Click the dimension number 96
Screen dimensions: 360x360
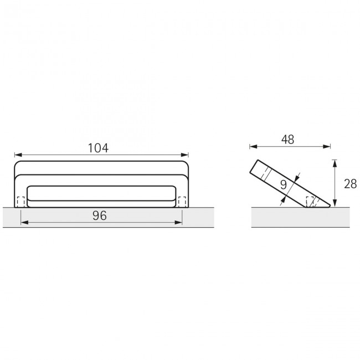click(100, 215)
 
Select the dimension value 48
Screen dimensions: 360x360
click(287, 140)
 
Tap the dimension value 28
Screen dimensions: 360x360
click(349, 184)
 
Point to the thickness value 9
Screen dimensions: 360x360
click(284, 184)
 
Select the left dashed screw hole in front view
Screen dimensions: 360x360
click(21, 202)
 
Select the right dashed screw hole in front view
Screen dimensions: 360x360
click(182, 202)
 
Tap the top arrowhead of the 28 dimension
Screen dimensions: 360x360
click(334, 162)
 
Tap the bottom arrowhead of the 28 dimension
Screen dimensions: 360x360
click(334, 204)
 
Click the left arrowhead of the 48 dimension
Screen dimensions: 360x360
click(253, 147)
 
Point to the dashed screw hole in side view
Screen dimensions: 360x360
click(311, 202)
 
